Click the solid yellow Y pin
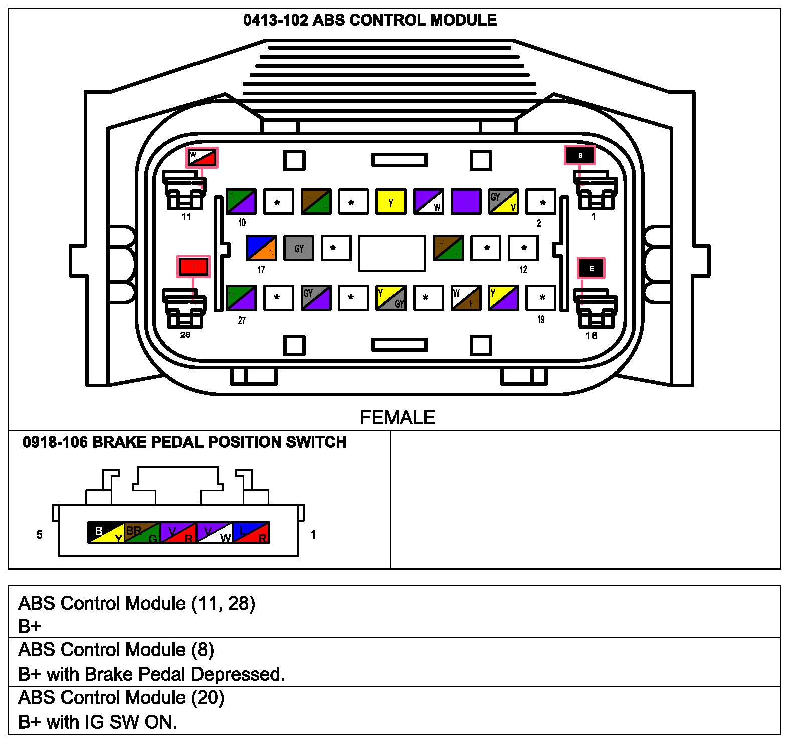391,202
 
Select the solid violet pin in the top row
466,202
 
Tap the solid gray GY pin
299,248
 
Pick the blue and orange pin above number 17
261,248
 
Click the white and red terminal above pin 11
202,158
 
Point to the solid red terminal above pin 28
193,266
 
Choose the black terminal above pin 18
591,269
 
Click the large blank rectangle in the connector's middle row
391,253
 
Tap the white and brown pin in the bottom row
466,298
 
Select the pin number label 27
242,320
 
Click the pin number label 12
523,270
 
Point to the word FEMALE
398,418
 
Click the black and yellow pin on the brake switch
106,533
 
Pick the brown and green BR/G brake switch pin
142,533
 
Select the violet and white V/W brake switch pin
215,533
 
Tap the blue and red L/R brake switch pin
251,533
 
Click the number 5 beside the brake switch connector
39,535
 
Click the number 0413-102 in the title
275,20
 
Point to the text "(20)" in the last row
208,697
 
